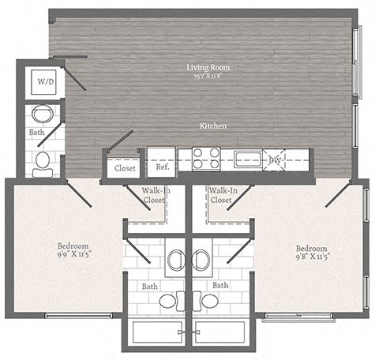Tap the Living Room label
[203, 67]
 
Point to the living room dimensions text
[203, 77]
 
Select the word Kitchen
[213, 126]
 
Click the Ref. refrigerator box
[162, 167]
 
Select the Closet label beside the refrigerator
[124, 168]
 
